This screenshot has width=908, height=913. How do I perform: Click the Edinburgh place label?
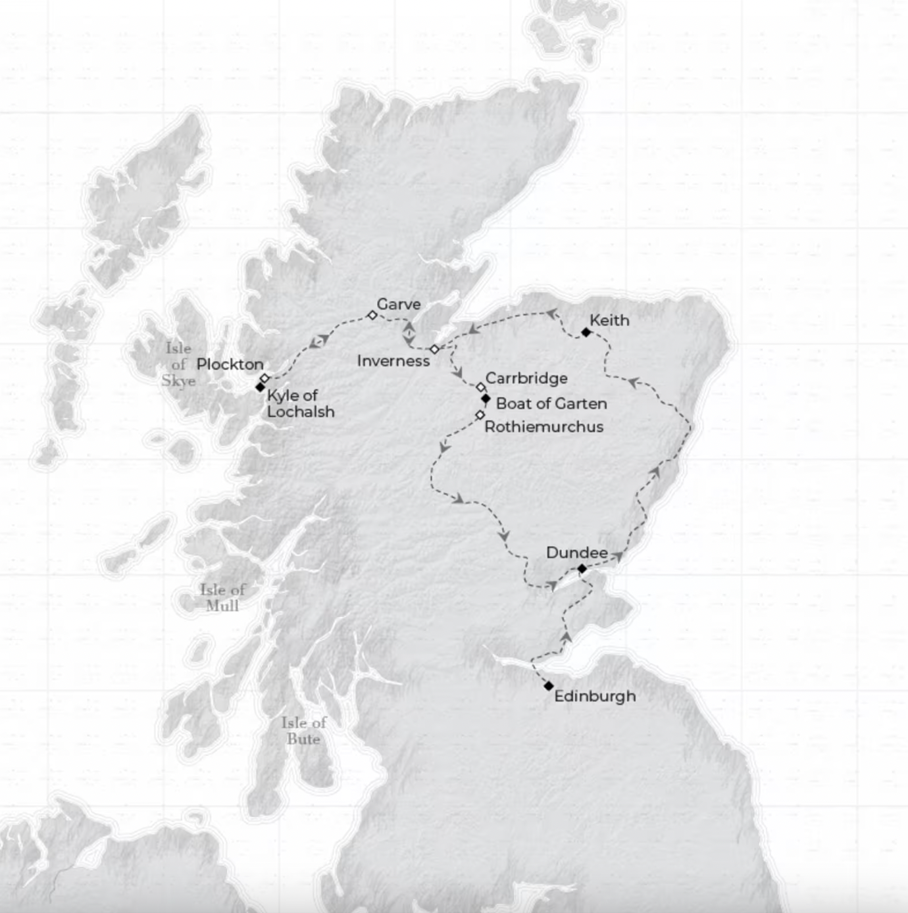[595, 696]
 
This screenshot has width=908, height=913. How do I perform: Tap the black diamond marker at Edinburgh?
[549, 686]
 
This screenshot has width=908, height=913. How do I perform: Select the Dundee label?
[576, 553]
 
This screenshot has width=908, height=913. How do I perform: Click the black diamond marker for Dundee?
[582, 568]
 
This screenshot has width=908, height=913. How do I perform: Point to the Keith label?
[609, 320]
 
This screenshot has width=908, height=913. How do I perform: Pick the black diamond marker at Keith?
[586, 332]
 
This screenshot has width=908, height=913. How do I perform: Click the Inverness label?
[393, 360]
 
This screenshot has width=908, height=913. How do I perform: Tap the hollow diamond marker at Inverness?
[434, 349]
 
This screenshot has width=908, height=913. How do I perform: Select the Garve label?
[398, 304]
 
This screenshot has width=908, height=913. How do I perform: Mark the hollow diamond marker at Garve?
[372, 316]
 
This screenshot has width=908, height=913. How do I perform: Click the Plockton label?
[230, 364]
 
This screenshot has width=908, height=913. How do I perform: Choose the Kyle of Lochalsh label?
[300, 403]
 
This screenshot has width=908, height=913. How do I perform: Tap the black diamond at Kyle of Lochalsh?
[260, 387]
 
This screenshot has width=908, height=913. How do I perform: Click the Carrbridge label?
[526, 378]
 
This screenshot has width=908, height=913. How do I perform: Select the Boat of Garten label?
[551, 403]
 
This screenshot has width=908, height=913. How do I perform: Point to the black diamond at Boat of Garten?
[486, 399]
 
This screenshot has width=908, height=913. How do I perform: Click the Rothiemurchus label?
[543, 426]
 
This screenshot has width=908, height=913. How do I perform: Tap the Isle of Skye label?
[178, 364]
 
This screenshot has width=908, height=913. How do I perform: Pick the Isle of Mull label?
[222, 597]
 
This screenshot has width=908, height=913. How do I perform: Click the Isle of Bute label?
[303, 731]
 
